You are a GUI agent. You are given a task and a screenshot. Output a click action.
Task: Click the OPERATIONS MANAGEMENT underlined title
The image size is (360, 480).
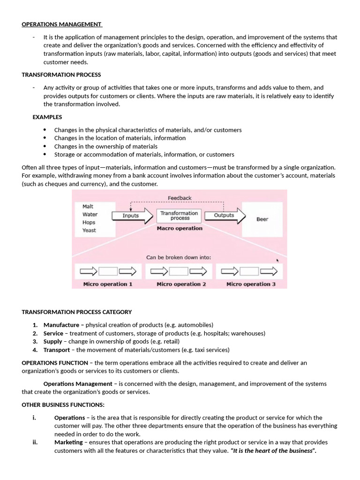61,24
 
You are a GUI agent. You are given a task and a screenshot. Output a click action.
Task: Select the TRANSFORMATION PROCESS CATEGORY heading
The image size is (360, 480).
77,312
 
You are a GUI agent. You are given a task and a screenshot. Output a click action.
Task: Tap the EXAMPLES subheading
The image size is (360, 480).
47,117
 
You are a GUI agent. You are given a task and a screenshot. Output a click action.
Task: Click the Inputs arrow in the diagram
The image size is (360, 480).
132,216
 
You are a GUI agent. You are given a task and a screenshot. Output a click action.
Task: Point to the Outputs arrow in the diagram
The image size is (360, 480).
225,216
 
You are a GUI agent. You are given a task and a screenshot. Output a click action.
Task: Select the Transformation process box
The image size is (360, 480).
180,216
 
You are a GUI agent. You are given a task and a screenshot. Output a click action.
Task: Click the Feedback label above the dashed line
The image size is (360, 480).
180,198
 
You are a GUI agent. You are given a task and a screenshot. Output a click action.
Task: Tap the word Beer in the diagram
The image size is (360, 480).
262,219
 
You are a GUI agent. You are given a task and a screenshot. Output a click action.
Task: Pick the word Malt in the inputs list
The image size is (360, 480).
88,206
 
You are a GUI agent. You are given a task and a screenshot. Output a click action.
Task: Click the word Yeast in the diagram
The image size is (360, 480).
89,230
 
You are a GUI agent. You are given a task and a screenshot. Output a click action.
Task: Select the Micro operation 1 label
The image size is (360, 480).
108,284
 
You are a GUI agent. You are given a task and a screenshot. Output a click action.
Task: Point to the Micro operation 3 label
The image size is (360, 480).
251,284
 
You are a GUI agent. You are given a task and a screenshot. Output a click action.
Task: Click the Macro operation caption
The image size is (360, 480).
180,228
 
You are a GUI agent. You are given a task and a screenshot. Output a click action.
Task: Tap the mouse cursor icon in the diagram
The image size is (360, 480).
277,260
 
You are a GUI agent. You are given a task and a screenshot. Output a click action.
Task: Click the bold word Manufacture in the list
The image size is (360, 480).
61,325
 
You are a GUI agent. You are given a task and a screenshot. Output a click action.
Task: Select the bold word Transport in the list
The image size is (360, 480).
56,350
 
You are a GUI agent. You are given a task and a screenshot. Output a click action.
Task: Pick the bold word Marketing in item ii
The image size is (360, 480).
68,442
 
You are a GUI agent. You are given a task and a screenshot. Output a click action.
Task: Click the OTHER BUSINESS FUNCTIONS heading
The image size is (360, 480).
63,405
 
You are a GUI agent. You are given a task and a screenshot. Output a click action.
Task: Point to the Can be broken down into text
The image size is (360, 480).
179,257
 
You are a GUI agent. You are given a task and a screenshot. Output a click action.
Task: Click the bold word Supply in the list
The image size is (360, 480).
52,341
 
